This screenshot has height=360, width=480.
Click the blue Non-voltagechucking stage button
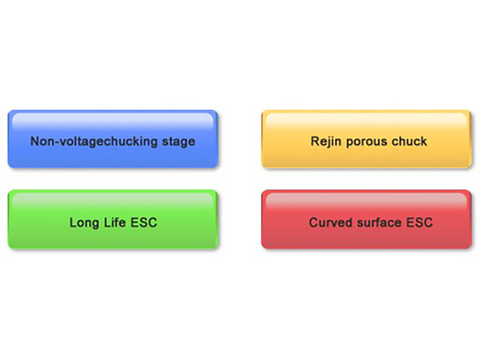[x=113, y=139]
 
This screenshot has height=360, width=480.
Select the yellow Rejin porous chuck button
[x=367, y=139]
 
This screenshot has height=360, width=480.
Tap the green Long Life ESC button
[x=113, y=219]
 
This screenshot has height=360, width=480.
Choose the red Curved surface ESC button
[x=367, y=219]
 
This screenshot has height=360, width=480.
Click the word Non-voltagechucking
[x=94, y=142]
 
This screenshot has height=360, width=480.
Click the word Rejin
[x=326, y=142]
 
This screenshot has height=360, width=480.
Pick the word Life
[x=115, y=222]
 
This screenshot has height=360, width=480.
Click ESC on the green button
[x=144, y=223]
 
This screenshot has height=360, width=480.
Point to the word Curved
[x=331, y=223]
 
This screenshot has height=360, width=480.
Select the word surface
[x=379, y=223]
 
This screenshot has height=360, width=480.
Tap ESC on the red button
[x=419, y=223]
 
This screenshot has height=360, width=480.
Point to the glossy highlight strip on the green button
[x=113, y=200]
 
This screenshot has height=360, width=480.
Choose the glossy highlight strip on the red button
[x=367, y=200]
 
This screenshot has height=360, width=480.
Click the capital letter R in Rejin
[x=315, y=142]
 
